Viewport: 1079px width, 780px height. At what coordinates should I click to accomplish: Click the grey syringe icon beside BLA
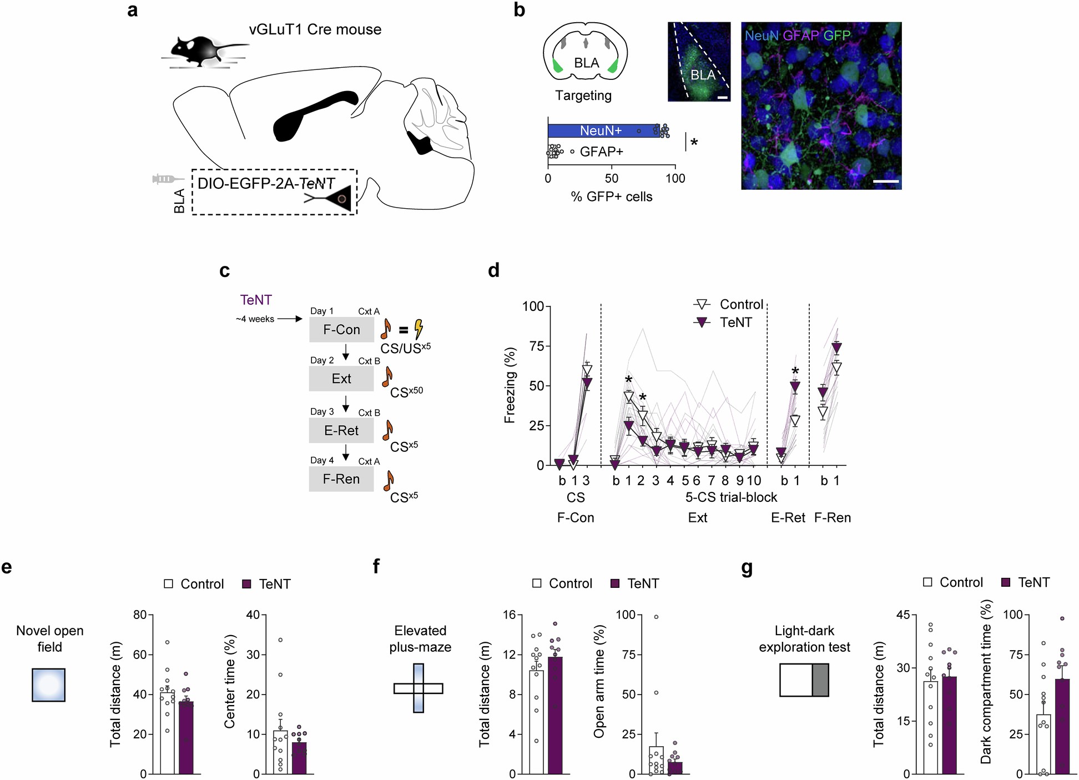pyautogui.click(x=167, y=179)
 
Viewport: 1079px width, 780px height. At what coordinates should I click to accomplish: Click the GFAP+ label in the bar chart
pyautogui.click(x=601, y=152)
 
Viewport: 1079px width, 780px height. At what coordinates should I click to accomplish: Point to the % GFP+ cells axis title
pyautogui.click(x=611, y=197)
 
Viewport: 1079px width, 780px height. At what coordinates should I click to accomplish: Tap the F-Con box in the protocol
pyautogui.click(x=341, y=330)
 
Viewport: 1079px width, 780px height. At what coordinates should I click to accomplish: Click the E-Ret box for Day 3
pyautogui.click(x=341, y=431)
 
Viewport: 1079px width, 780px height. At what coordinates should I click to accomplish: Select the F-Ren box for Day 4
pyautogui.click(x=341, y=479)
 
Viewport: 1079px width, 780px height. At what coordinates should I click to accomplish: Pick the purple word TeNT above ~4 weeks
pyautogui.click(x=256, y=300)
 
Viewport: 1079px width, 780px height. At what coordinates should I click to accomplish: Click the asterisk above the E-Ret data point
pyautogui.click(x=795, y=371)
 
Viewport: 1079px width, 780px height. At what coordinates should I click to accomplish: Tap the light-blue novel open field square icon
pyautogui.click(x=49, y=685)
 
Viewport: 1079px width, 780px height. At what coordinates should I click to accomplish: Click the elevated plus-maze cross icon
pyautogui.click(x=419, y=688)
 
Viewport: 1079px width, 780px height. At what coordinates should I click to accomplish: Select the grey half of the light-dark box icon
pyautogui.click(x=820, y=680)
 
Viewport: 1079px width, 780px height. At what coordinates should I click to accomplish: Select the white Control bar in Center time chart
pyautogui.click(x=280, y=752)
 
